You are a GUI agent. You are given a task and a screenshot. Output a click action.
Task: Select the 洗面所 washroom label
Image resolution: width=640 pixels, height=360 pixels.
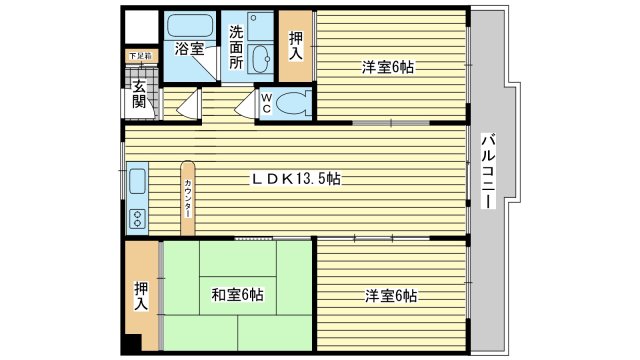coord(236,47)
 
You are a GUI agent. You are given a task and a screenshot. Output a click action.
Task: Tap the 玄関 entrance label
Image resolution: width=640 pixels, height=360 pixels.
coord(138,94)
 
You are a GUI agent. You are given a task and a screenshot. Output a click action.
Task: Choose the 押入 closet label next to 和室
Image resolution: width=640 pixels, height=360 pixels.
coord(141,295)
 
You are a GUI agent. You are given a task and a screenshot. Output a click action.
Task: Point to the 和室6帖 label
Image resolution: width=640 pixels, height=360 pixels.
coord(237,295)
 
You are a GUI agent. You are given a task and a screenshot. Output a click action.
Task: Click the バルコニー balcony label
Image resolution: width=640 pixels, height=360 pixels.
coord(487,170)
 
